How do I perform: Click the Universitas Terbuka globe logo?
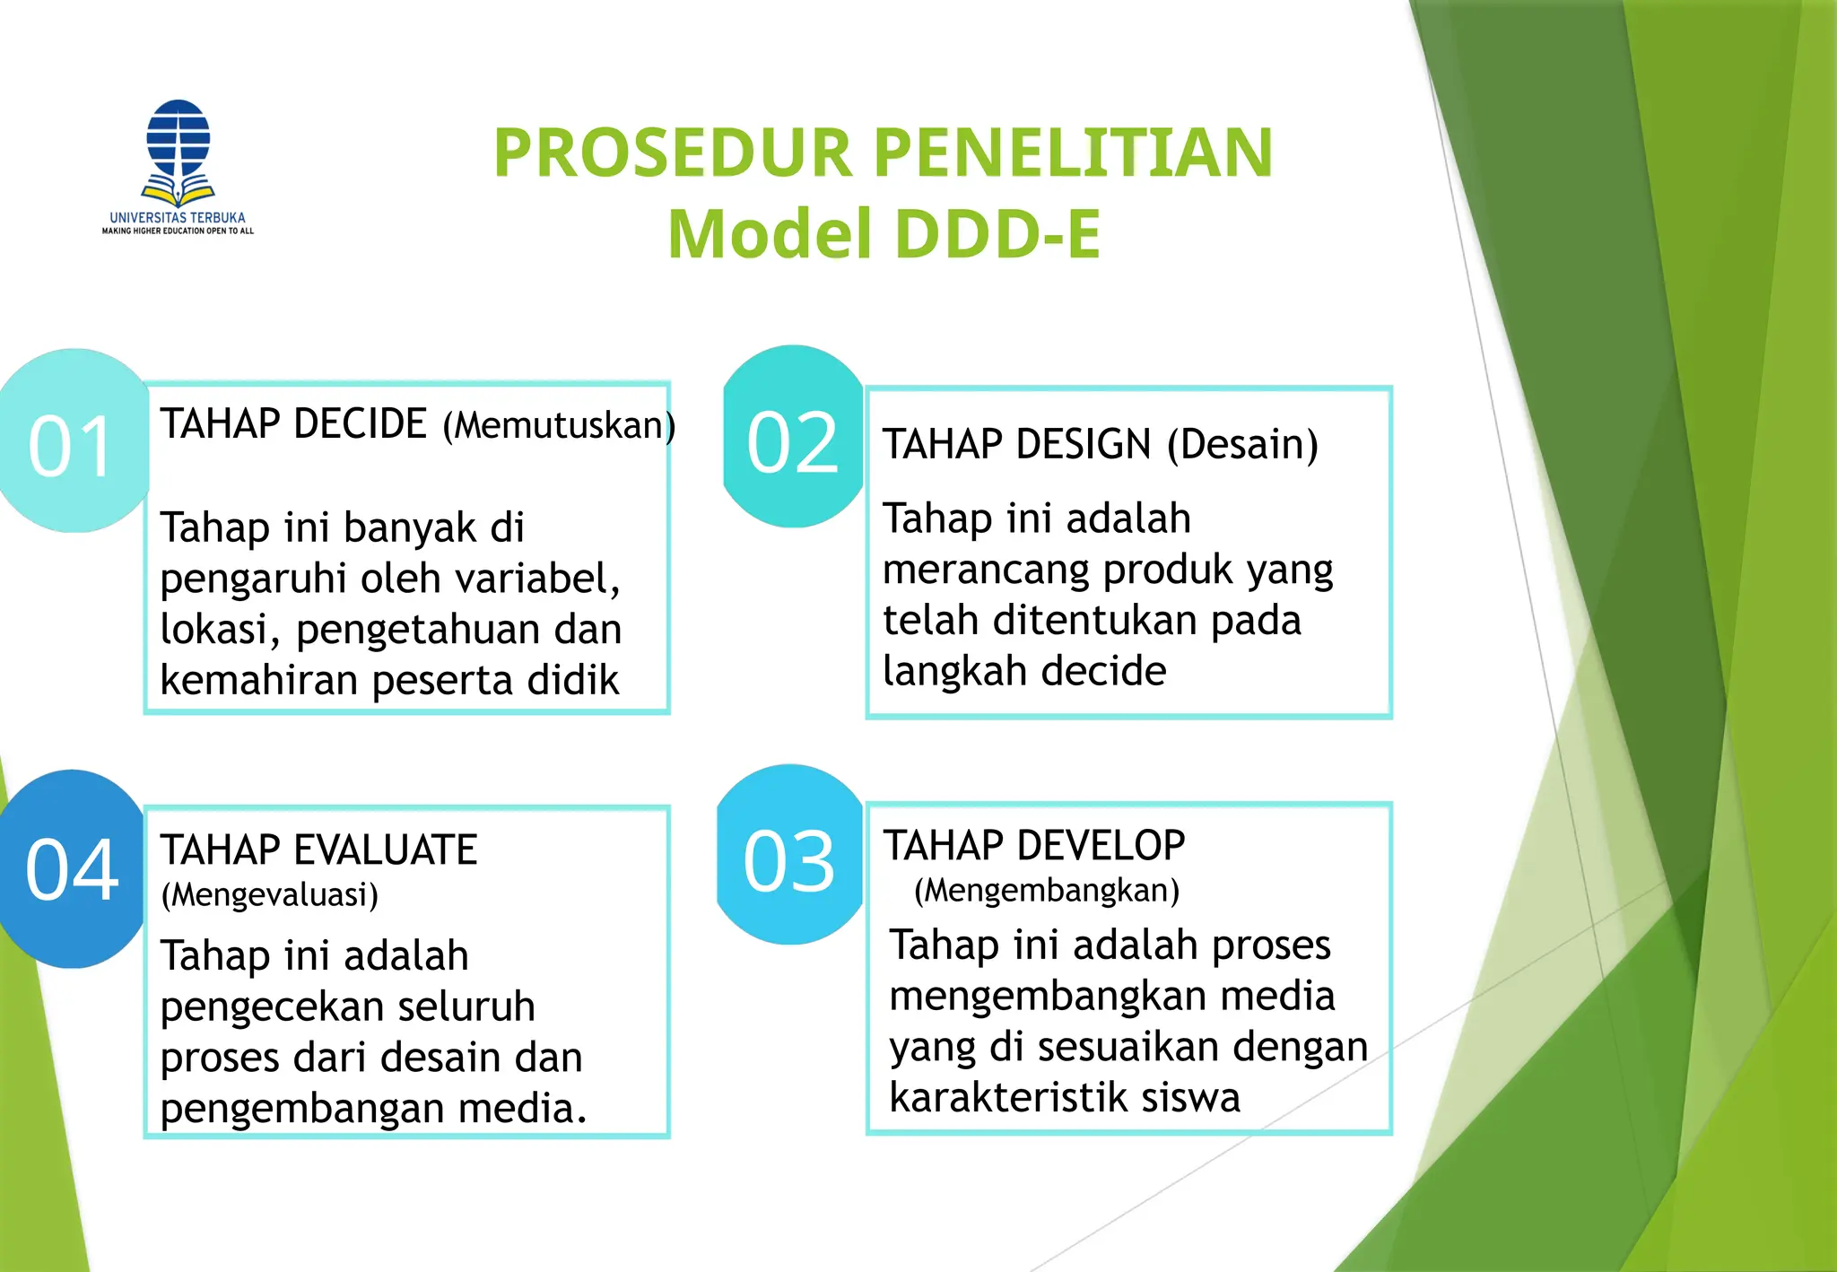click(x=178, y=150)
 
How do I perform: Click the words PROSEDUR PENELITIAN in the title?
click(x=883, y=152)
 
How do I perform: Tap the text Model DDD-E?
click(x=884, y=234)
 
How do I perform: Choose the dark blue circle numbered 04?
click(x=72, y=868)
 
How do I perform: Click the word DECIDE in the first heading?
click(x=360, y=424)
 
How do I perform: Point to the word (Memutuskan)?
click(x=559, y=425)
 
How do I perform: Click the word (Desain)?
click(x=1242, y=445)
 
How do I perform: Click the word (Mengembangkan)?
click(x=1046, y=891)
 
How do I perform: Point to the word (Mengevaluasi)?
click(x=269, y=895)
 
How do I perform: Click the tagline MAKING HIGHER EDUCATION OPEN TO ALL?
click(x=178, y=231)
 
